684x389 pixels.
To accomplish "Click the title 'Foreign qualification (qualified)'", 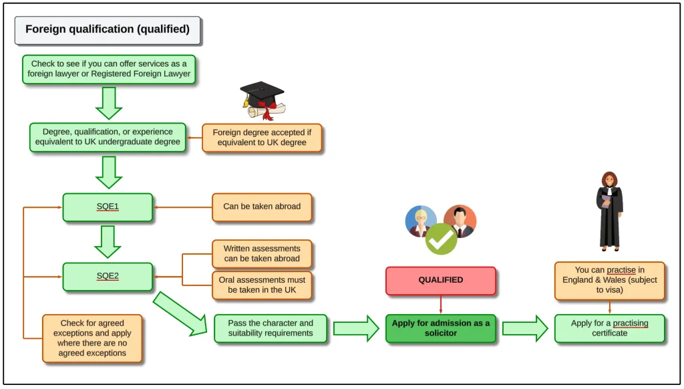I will point(108,30).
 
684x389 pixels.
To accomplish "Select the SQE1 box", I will point(108,207).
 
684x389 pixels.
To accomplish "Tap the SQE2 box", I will point(108,276).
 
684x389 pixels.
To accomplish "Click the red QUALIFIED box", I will point(440,281).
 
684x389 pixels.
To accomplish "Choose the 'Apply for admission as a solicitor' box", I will point(440,328).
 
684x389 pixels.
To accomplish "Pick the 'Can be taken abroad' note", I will point(262,207).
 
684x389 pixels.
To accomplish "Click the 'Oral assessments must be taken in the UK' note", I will point(262,285).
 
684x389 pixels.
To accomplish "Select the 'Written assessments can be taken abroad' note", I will point(262,254).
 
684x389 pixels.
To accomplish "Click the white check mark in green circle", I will point(441,239).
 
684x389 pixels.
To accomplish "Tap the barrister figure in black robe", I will point(609,211).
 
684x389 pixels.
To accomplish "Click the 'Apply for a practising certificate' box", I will point(609,328).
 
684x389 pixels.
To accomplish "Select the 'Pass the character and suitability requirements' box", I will point(270,328).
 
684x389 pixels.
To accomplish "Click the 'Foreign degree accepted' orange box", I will point(262,138).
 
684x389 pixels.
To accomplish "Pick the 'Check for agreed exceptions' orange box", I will point(92,338).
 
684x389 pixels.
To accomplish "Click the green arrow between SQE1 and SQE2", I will point(108,241).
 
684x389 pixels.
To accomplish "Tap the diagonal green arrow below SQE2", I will point(180,313).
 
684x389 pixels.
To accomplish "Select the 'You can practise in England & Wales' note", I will point(609,281).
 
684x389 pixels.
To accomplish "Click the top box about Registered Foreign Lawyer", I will point(109,70).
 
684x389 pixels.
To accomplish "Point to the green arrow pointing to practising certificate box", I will point(524,328).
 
